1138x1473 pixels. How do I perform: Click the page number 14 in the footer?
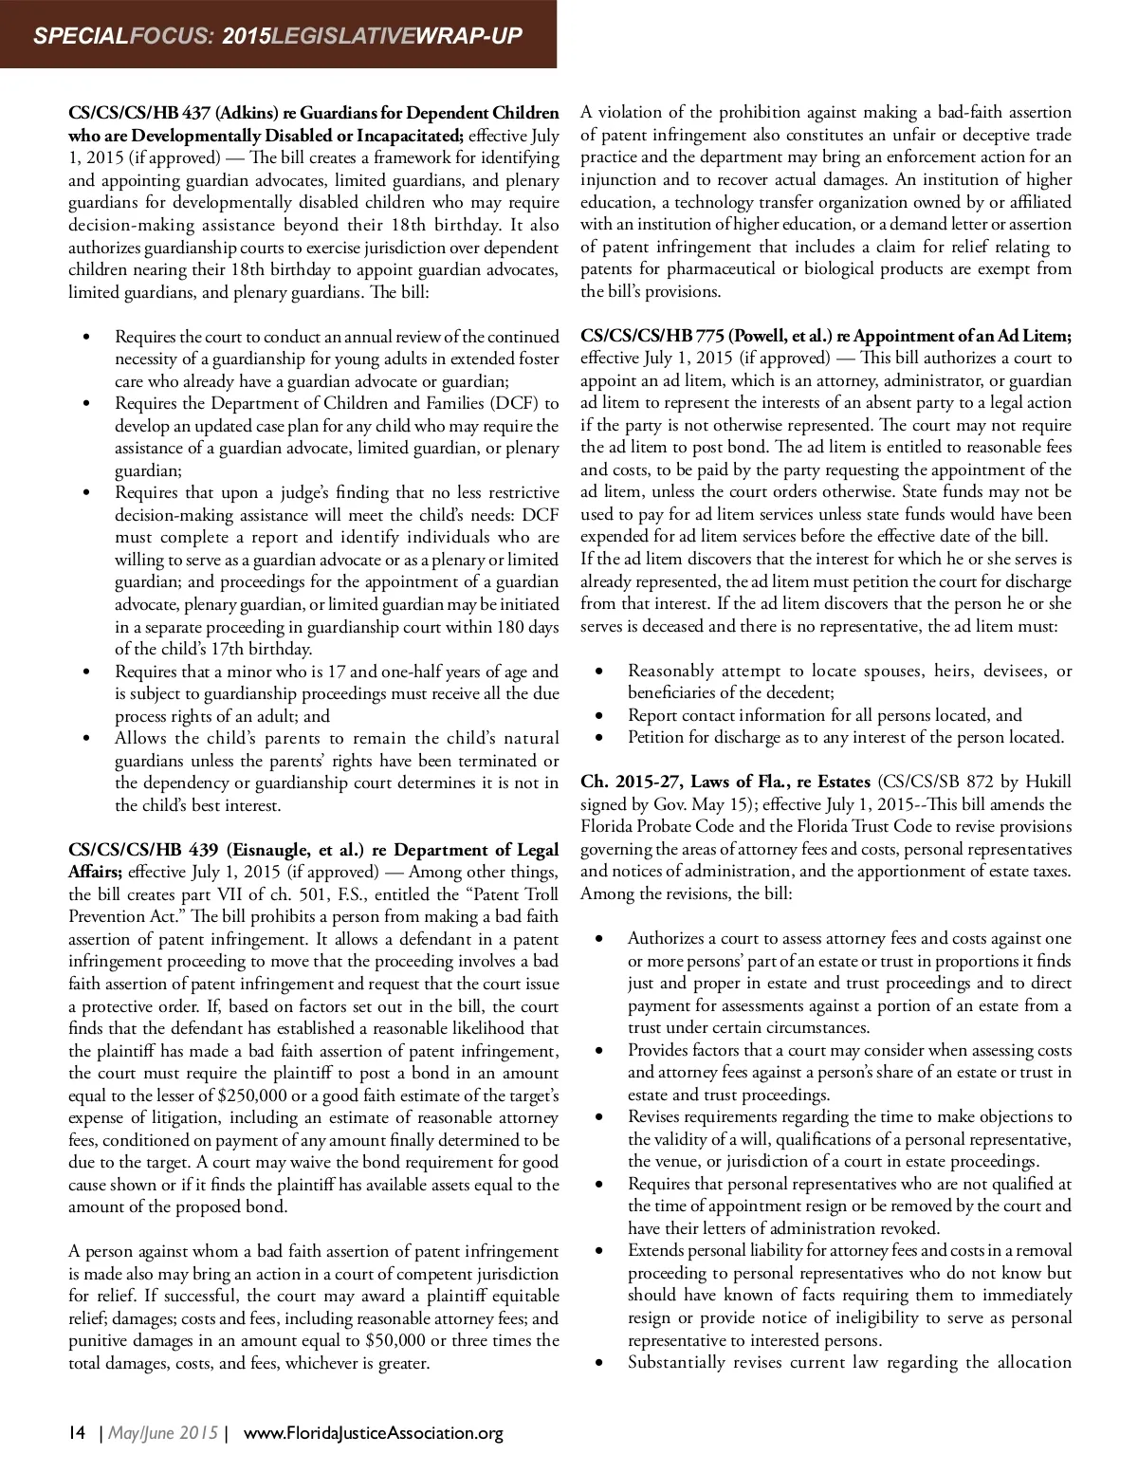click(78, 1432)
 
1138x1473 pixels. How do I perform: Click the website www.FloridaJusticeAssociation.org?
click(374, 1432)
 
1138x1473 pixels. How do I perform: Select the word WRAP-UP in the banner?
click(470, 36)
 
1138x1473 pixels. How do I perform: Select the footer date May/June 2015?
click(163, 1432)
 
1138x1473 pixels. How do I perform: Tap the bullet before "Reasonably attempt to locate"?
click(599, 672)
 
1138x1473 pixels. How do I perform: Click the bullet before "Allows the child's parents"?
click(87, 739)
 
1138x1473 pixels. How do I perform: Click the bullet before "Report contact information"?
click(599, 716)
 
